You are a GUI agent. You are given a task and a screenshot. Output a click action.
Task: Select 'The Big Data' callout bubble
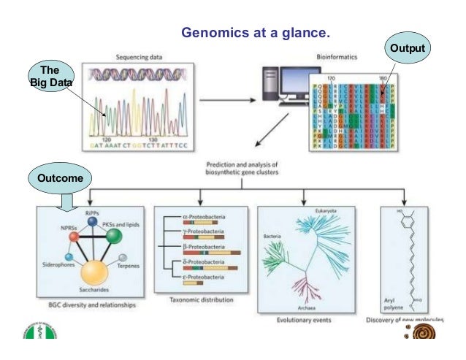pyautogui.click(x=50, y=75)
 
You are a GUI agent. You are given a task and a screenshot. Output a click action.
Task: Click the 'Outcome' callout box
pyautogui.click(x=59, y=178)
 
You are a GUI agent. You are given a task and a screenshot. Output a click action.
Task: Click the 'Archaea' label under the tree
pyautogui.click(x=312, y=307)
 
